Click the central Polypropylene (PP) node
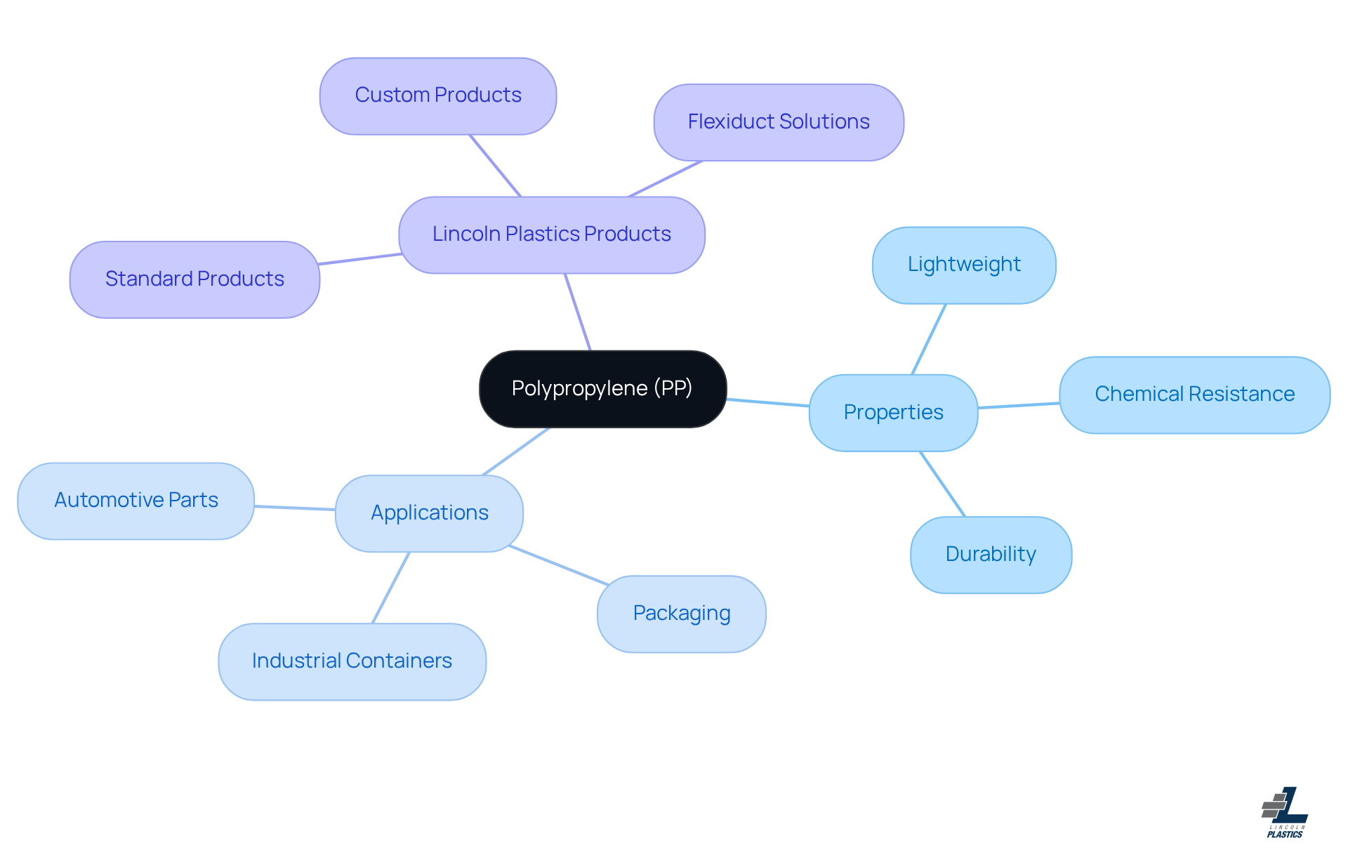click(x=602, y=388)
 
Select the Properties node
click(x=893, y=412)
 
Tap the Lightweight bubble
click(x=964, y=265)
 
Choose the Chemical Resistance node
click(x=1194, y=395)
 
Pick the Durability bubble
click(x=991, y=555)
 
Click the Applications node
click(x=429, y=513)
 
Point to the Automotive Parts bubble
click(x=136, y=501)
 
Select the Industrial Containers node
click(x=352, y=661)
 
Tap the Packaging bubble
click(x=681, y=614)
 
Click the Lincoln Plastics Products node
click(x=551, y=234)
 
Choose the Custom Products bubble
click(x=437, y=95)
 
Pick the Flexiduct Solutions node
click(x=778, y=122)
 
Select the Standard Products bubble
click(x=194, y=279)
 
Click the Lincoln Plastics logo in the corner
click(x=1285, y=812)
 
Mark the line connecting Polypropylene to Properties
click(x=767, y=402)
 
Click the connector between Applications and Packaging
click(x=558, y=565)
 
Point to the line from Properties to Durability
click(x=942, y=484)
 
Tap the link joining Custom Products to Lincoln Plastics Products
click(x=495, y=166)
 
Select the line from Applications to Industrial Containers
click(x=390, y=588)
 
